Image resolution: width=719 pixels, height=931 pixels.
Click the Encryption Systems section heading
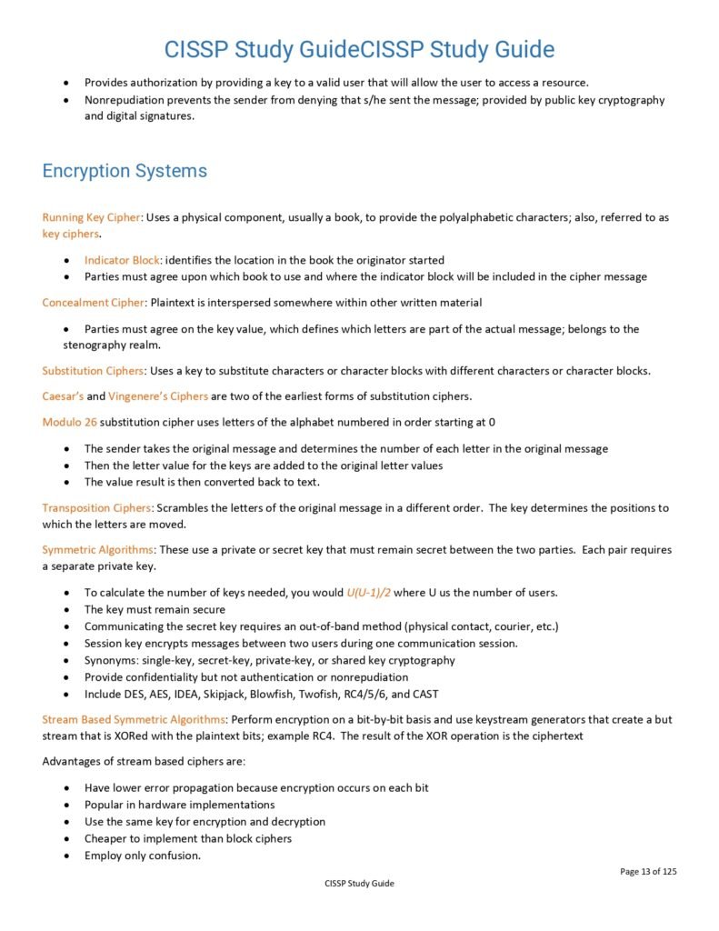pyautogui.click(x=125, y=171)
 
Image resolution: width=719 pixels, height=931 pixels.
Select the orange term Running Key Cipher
pyautogui.click(x=91, y=217)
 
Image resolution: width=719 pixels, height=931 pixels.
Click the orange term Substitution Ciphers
pyautogui.click(x=93, y=371)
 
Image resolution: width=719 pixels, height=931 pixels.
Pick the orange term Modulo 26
pyautogui.click(x=69, y=422)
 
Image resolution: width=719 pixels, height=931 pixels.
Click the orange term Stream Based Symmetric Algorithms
pyautogui.click(x=133, y=719)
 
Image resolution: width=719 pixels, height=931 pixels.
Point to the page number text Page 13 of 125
pyautogui.click(x=648, y=871)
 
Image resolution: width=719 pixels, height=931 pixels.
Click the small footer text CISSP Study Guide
pyautogui.click(x=359, y=883)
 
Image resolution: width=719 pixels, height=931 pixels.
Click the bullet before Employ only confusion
pyautogui.click(x=67, y=856)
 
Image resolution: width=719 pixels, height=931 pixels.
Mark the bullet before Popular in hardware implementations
pyautogui.click(x=67, y=805)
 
